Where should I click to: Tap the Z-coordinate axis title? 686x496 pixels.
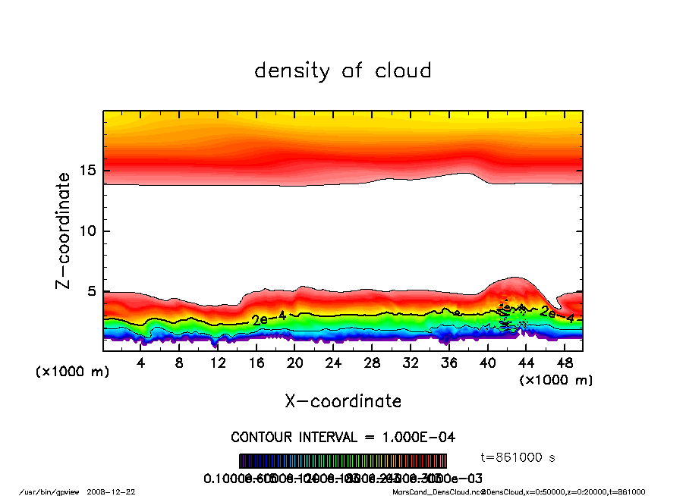pyautogui.click(x=64, y=231)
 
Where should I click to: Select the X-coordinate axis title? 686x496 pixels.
pyautogui.click(x=343, y=401)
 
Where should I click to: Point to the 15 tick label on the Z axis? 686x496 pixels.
pyautogui.click(x=88, y=171)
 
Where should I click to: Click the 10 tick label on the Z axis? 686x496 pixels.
pyautogui.click(x=88, y=231)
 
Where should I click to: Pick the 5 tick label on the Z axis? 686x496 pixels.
pyautogui.click(x=93, y=291)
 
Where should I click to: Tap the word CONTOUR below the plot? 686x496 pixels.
pyautogui.click(x=262, y=438)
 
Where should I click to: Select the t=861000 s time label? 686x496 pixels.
pyautogui.click(x=518, y=457)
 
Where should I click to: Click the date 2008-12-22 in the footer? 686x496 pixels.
pyautogui.click(x=117, y=491)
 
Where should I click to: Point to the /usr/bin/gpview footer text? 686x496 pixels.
pyautogui.click(x=49, y=491)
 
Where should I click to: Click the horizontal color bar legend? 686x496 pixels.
pyautogui.click(x=343, y=461)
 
